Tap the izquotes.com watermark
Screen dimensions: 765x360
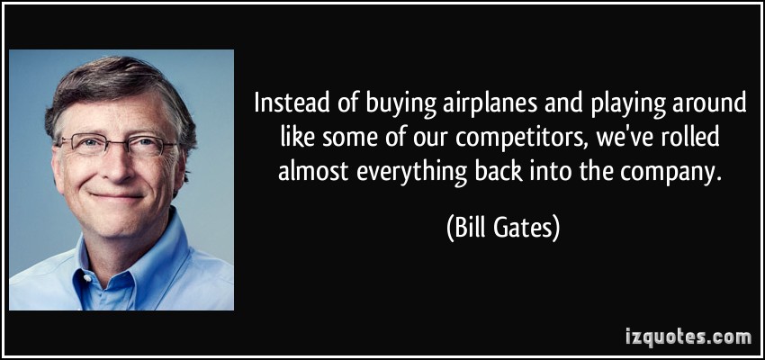(688, 337)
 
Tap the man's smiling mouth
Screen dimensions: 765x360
(117, 196)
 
